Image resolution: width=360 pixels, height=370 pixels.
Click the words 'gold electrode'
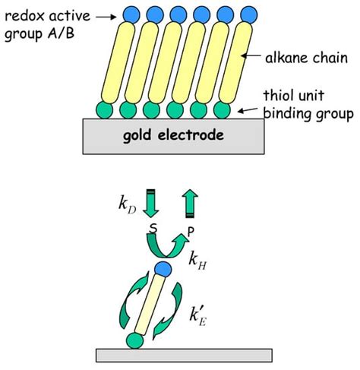(x=173, y=135)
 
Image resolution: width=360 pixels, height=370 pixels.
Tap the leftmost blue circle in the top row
(x=131, y=14)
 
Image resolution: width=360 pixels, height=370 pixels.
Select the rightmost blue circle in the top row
(x=249, y=14)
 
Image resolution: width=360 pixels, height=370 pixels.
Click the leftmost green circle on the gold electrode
(x=104, y=110)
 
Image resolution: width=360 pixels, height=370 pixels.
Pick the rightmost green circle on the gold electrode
(x=222, y=110)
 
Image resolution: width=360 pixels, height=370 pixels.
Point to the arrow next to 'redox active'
(x=106, y=17)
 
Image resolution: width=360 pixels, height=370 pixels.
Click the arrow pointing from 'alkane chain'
(x=251, y=55)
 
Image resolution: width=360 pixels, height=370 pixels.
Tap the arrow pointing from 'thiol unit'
(x=248, y=110)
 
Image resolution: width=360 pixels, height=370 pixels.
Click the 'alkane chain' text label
(x=306, y=58)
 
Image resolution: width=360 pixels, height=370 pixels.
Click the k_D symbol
(x=128, y=204)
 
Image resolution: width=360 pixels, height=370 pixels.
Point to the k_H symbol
(x=197, y=261)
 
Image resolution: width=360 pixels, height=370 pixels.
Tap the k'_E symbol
(x=198, y=317)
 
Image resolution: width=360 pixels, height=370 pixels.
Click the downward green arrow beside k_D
(x=151, y=204)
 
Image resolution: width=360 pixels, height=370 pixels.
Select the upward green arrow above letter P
(x=190, y=204)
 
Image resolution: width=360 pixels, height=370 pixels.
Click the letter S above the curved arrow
(x=153, y=229)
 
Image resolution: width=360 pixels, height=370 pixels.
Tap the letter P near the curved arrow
(x=191, y=232)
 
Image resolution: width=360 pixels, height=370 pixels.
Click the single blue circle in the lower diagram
(x=163, y=269)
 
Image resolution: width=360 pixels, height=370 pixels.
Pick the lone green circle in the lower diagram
(x=135, y=340)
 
